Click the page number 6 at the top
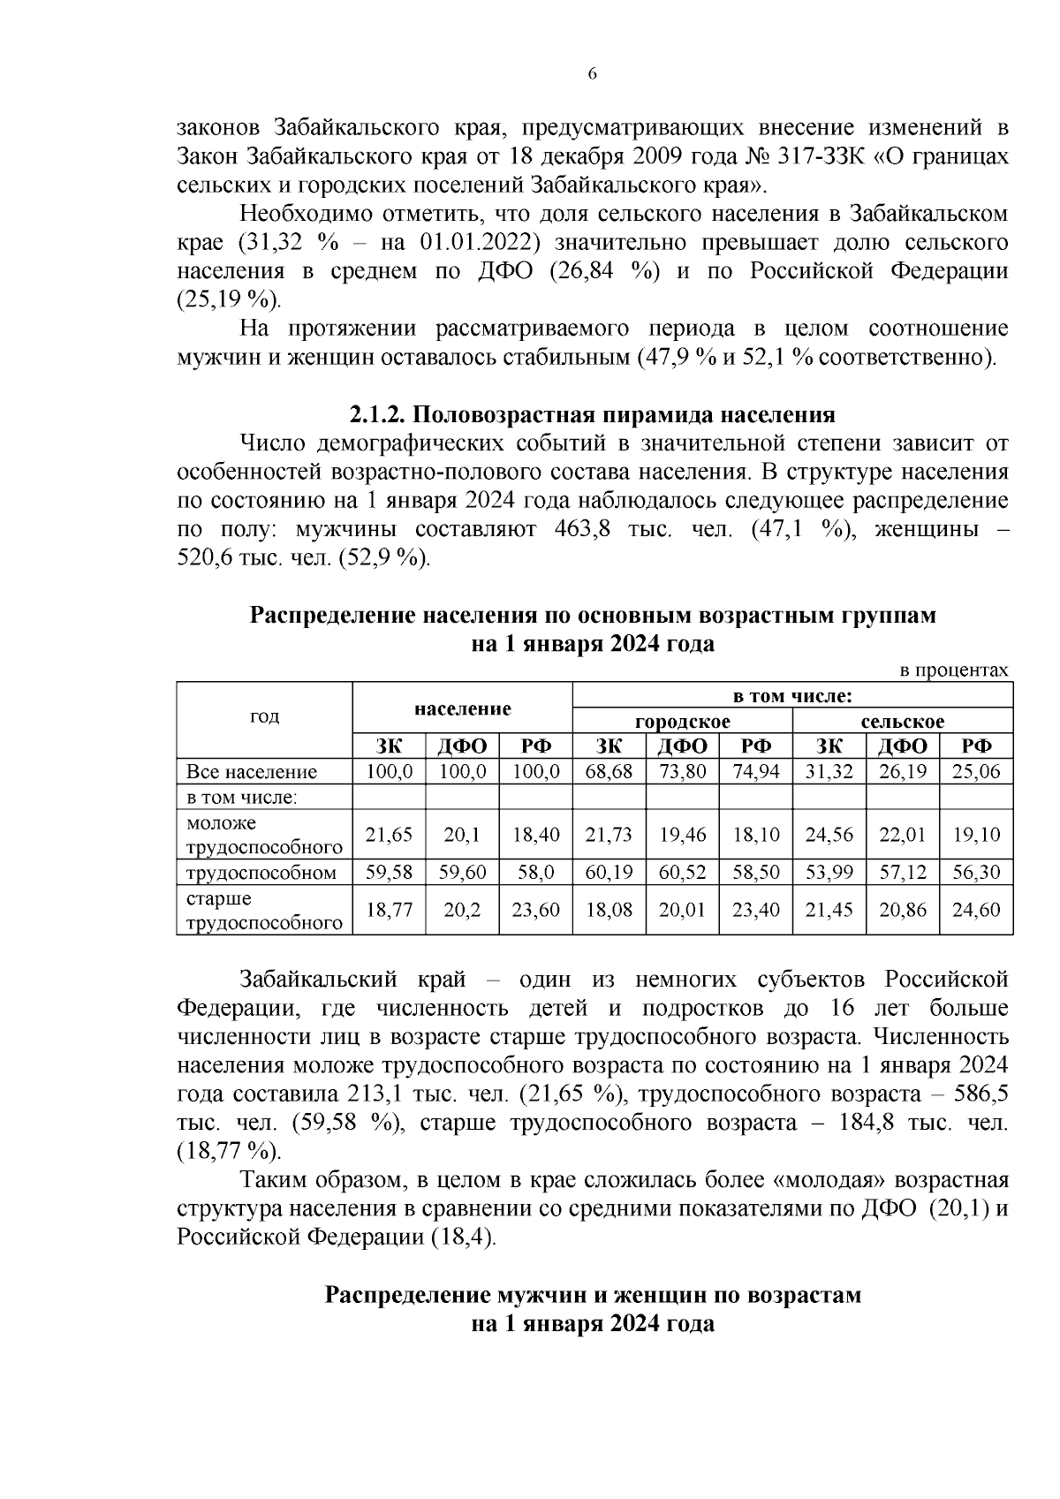pyautogui.click(x=593, y=74)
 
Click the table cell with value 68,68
pyautogui.click(x=609, y=771)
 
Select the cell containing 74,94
pyautogui.click(x=755, y=771)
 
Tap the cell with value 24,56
pyautogui.click(x=829, y=835)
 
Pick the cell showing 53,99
pyautogui.click(x=829, y=873)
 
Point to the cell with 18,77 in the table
pyautogui.click(x=390, y=910)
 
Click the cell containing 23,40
pyautogui.click(x=755, y=910)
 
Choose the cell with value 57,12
pyautogui.click(x=902, y=873)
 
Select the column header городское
pyautogui.click(x=682, y=722)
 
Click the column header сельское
pyautogui.click(x=902, y=722)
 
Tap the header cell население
pyautogui.click(x=463, y=708)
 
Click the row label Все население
pyautogui.click(x=252, y=772)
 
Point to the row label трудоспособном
pyautogui.click(x=261, y=873)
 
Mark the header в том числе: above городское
pyautogui.click(x=792, y=696)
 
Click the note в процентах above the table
pyautogui.click(x=953, y=670)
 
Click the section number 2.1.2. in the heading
pyautogui.click(x=378, y=414)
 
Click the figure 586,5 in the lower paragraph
pyautogui.click(x=981, y=1094)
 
